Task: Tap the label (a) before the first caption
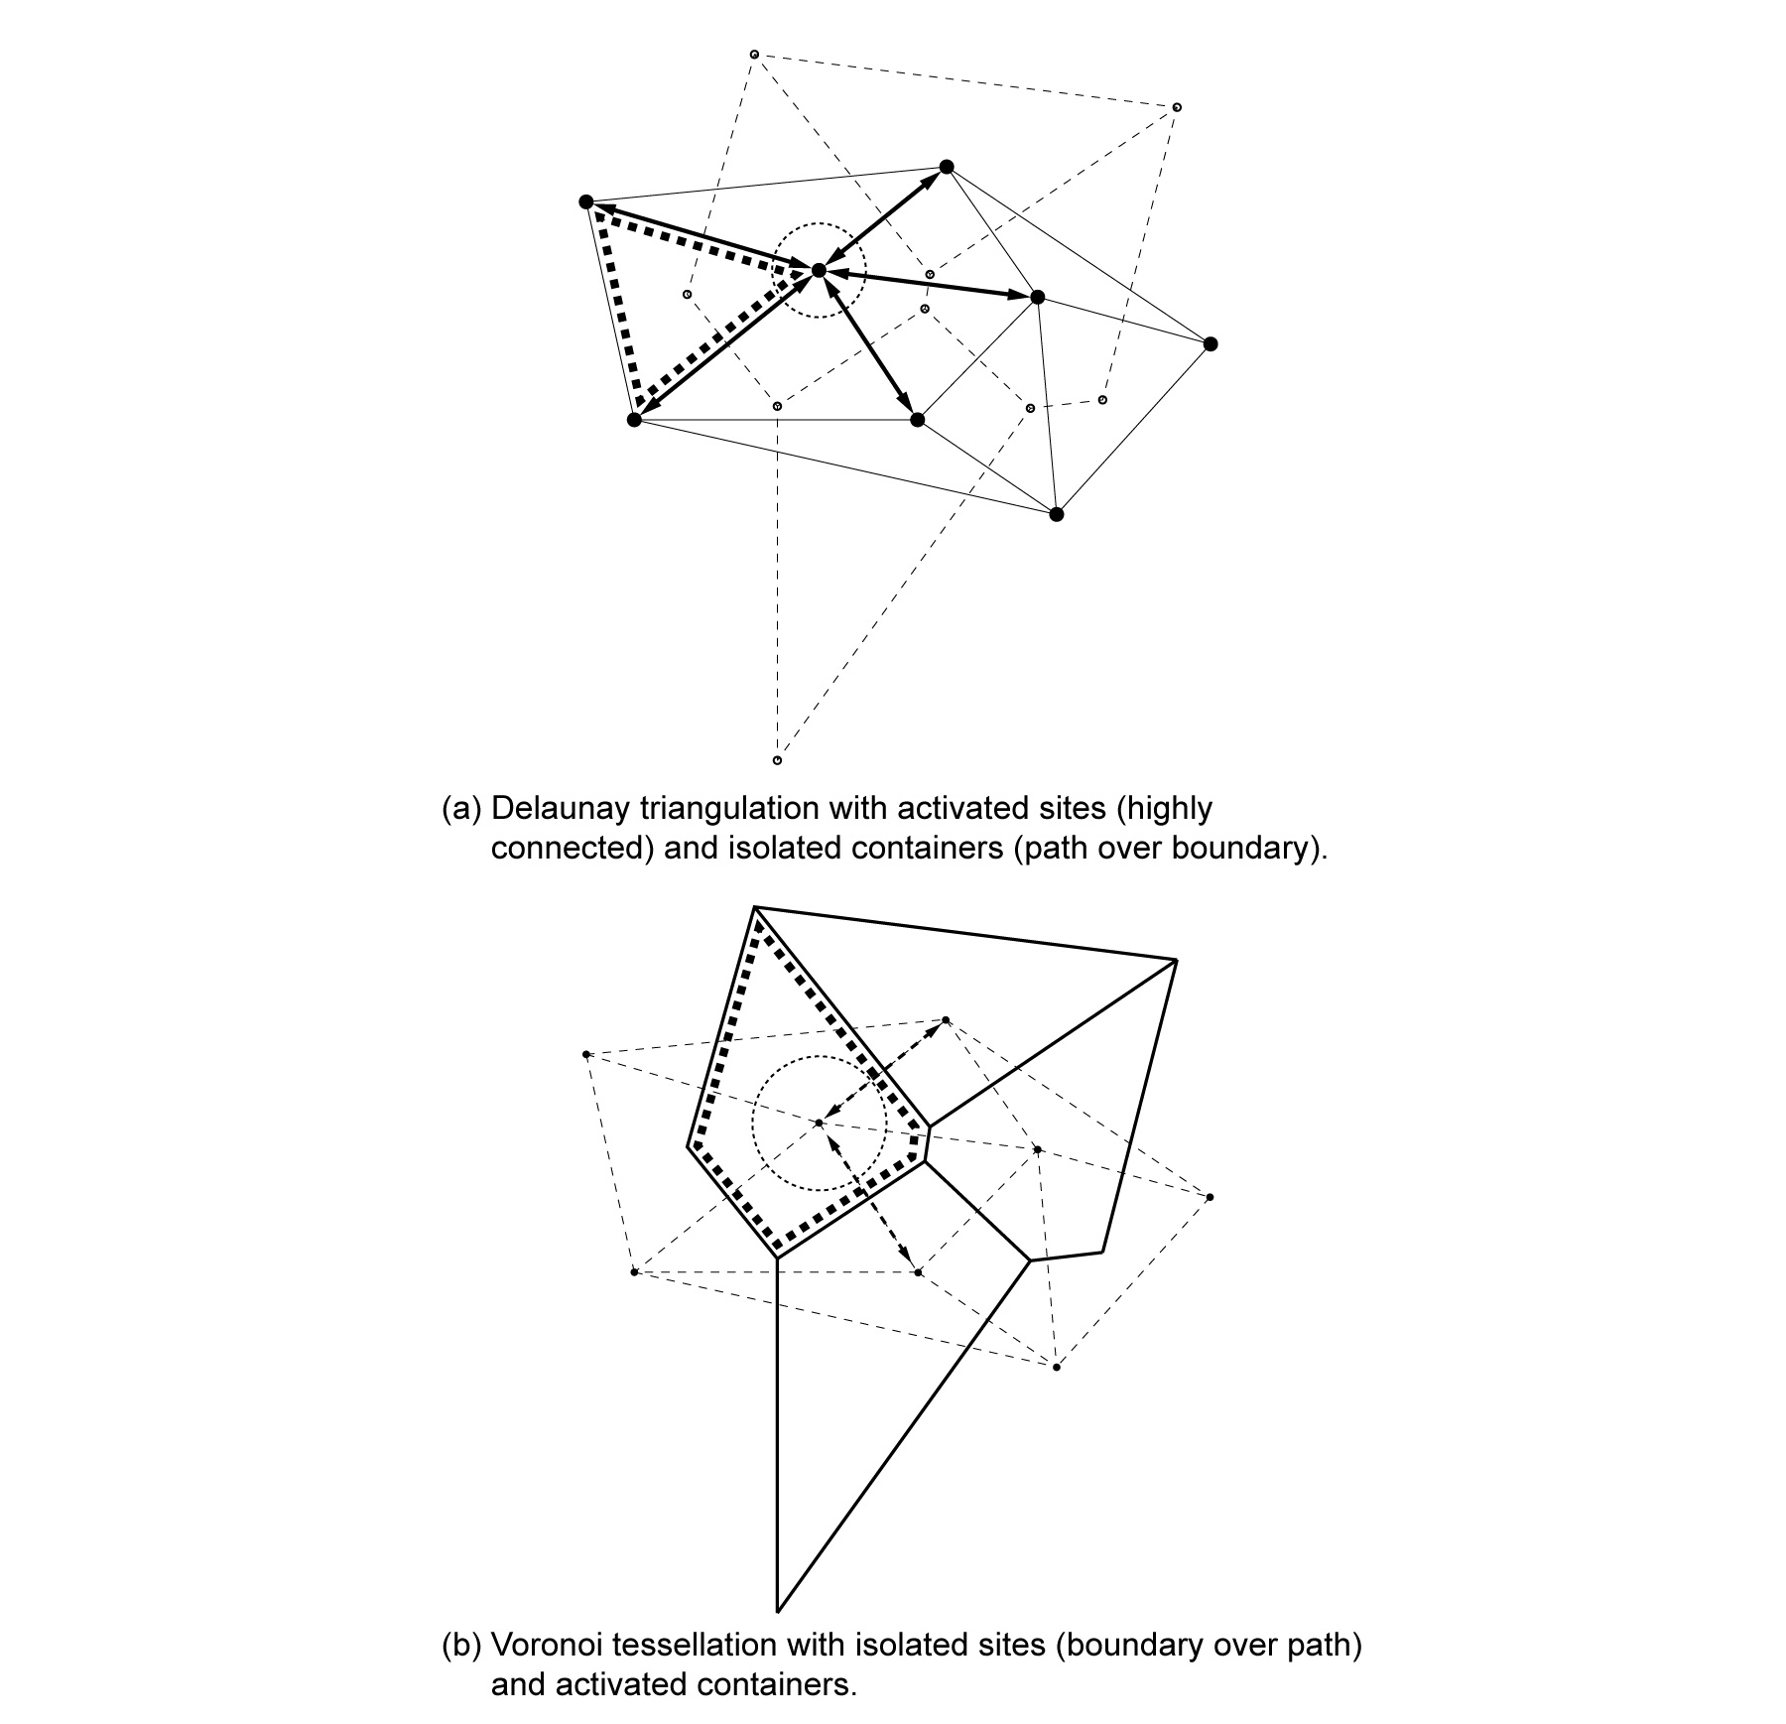tap(460, 809)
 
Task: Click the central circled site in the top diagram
tap(819, 270)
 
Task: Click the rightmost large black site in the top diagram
tap(1210, 344)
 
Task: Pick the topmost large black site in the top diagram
tap(946, 167)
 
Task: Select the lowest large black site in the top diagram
tap(1056, 514)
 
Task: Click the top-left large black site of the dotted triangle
tap(585, 202)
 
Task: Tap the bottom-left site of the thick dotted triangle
tap(634, 420)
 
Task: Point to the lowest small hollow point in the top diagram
tap(777, 760)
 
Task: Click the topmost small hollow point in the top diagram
tap(754, 54)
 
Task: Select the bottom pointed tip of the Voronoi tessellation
tap(777, 1610)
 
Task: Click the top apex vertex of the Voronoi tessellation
tap(756, 907)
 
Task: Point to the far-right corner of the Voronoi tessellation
tap(1176, 960)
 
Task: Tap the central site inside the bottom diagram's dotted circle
tap(819, 1123)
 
